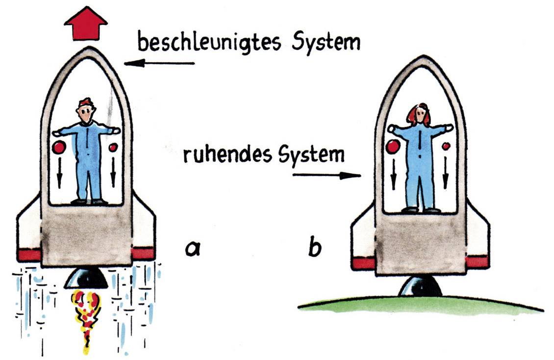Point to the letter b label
tap(314, 248)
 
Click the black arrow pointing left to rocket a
tap(159, 63)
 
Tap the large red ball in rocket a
tap(59, 147)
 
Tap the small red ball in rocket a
tap(113, 147)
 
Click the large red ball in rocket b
tap(393, 146)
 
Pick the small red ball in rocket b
tap(446, 146)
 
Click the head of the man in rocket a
tap(86, 111)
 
